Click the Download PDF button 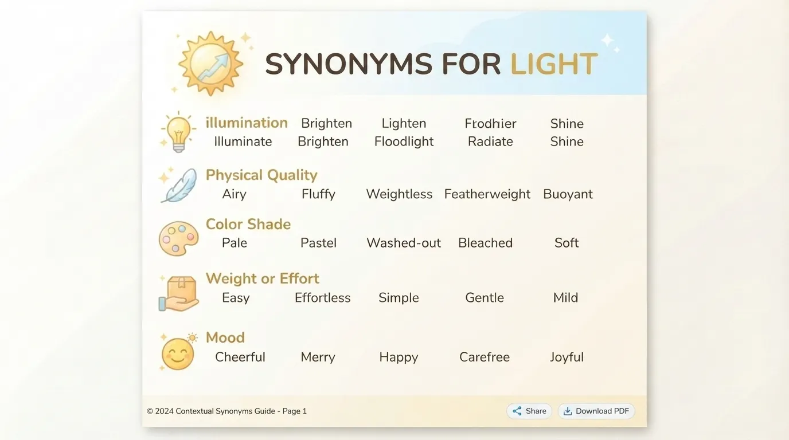point(596,411)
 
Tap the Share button point(529,411)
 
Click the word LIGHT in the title point(554,64)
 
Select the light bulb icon point(178,132)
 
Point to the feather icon point(179,185)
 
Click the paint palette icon point(178,238)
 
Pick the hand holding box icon point(178,293)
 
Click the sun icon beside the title point(211,64)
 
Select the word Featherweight point(487,194)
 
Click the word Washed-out point(404,243)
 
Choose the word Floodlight point(404,142)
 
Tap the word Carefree point(485,357)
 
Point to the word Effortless point(322,298)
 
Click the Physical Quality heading point(261,175)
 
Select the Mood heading point(225,337)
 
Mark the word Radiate point(490,142)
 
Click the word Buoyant point(568,194)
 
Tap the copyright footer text point(227,411)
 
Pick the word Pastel point(318,243)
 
